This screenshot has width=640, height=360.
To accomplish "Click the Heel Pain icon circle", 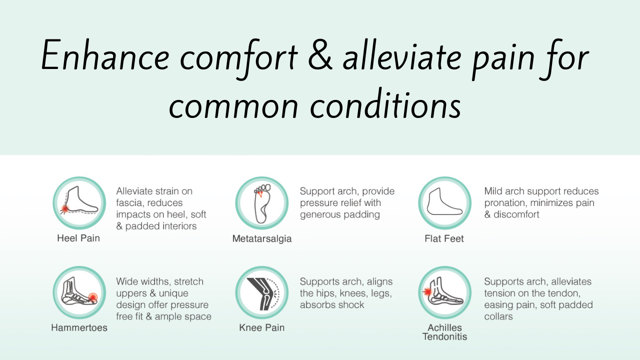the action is (79, 203).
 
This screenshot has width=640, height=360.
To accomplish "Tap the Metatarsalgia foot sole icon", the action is (261, 203).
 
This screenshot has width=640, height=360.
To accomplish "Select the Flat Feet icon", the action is (444, 203).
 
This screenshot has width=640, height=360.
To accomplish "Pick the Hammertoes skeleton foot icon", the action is (79, 292).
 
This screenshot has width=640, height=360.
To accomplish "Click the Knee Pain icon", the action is (261, 292).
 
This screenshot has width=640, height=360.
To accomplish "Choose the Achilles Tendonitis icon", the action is (444, 292).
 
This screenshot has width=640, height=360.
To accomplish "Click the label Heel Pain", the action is (78, 238).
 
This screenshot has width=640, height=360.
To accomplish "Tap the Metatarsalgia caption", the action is (262, 238).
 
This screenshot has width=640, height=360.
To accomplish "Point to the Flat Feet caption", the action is (444, 238).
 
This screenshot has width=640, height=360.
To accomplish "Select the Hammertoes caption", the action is (79, 327).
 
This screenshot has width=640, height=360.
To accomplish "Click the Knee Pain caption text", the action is (261, 327).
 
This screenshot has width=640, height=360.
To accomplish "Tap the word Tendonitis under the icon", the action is (445, 336).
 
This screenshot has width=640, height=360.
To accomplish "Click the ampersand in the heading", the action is (320, 55).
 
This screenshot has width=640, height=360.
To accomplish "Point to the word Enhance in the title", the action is (105, 55).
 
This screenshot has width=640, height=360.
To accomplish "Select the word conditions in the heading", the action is (385, 104).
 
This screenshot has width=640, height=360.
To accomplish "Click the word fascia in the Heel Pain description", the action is (129, 203).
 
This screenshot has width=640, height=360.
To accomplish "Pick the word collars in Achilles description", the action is (498, 316).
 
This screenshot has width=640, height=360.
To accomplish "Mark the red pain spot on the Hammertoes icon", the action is (92, 297).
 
